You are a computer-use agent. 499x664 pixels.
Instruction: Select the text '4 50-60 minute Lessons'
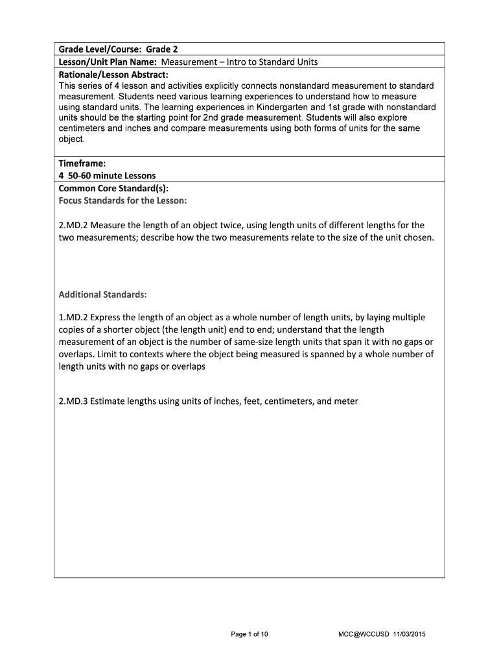(x=107, y=176)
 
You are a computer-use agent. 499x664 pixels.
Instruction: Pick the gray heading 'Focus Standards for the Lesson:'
(x=122, y=200)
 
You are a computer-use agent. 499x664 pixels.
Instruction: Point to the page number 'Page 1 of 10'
(x=250, y=634)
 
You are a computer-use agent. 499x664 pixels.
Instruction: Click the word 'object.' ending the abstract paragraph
(x=71, y=139)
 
